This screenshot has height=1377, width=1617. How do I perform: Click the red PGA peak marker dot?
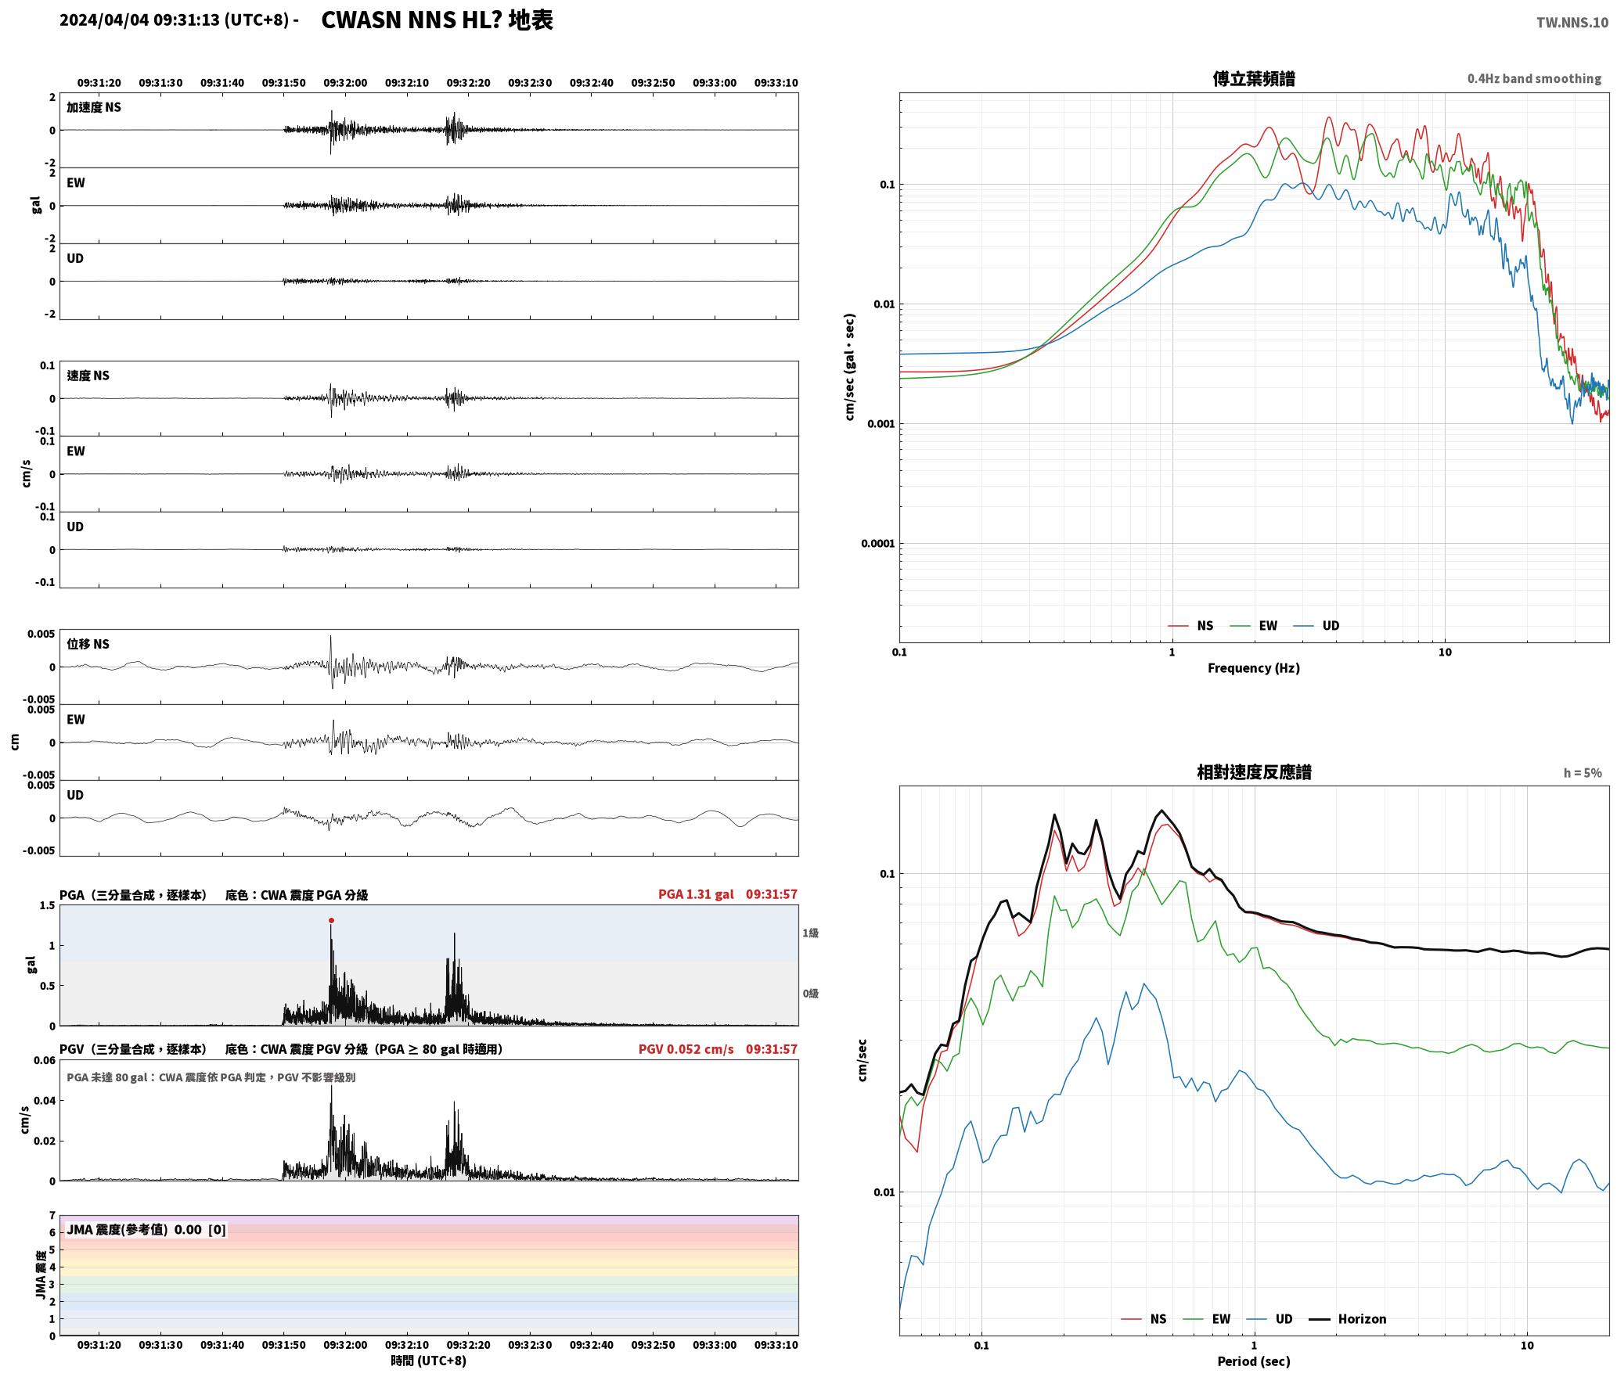pyautogui.click(x=331, y=920)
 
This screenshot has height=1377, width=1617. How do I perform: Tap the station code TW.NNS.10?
pyautogui.click(x=1572, y=22)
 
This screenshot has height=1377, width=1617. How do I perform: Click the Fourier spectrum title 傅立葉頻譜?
pyautogui.click(x=1253, y=78)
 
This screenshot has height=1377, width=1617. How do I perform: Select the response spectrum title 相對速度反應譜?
pyautogui.click(x=1254, y=771)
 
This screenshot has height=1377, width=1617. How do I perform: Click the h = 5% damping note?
pyautogui.click(x=1583, y=772)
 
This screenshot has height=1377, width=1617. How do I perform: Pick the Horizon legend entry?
pyautogui.click(x=1348, y=1318)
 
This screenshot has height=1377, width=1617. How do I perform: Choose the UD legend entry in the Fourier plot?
pyautogui.click(x=1316, y=625)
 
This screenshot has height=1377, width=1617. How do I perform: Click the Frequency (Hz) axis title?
pyautogui.click(x=1253, y=667)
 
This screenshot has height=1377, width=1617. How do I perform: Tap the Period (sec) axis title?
pyautogui.click(x=1253, y=1361)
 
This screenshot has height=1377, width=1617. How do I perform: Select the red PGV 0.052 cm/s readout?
pyautogui.click(x=686, y=1048)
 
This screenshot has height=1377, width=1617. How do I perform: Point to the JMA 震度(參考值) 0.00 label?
pyautogui.click(x=134, y=1229)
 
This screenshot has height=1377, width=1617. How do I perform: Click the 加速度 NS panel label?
pyautogui.click(x=94, y=107)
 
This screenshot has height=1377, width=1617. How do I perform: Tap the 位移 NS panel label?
pyautogui.click(x=88, y=644)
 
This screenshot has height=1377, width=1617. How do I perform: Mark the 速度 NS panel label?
pyautogui.click(x=88, y=376)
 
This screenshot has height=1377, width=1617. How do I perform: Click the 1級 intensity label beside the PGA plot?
pyautogui.click(x=810, y=933)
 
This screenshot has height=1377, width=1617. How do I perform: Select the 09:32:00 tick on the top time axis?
pyautogui.click(x=345, y=82)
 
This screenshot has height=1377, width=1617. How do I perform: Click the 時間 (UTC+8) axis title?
pyautogui.click(x=428, y=1361)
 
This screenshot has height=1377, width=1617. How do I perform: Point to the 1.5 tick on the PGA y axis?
pyautogui.click(x=47, y=905)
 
